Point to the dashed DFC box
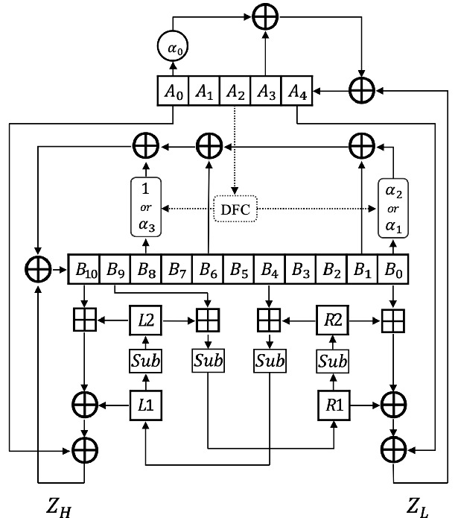[x=235, y=209]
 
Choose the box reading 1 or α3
[x=145, y=206]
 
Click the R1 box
[x=330, y=405]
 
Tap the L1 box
[x=145, y=405]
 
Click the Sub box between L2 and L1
[x=145, y=361]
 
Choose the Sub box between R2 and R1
[x=330, y=361]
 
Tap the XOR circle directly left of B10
[x=38, y=268]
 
